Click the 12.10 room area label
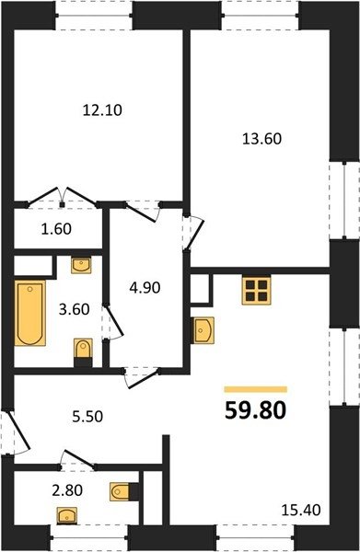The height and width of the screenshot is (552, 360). click(x=102, y=110)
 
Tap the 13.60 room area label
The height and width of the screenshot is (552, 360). click(x=262, y=139)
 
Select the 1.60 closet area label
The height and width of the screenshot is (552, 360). click(x=56, y=229)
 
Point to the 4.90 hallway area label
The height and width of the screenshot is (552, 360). click(x=145, y=288)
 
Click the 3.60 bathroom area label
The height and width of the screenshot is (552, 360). click(x=74, y=309)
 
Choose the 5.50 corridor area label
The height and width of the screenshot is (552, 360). click(x=87, y=417)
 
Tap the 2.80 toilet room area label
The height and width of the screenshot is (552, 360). click(x=67, y=490)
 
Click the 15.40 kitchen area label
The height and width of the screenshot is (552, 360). click(x=301, y=510)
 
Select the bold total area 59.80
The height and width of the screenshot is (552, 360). click(x=255, y=410)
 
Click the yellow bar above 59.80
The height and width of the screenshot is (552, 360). click(x=256, y=389)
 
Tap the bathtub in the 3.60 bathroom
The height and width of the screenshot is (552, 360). click(x=30, y=313)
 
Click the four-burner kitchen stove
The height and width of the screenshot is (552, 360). click(x=257, y=291)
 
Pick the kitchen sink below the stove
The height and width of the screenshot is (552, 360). click(x=203, y=330)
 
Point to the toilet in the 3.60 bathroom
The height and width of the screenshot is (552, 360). click(x=83, y=352)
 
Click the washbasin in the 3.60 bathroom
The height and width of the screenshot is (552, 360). click(x=81, y=265)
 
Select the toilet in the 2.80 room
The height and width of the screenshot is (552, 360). click(x=124, y=491)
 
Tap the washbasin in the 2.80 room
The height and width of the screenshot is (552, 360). click(x=67, y=516)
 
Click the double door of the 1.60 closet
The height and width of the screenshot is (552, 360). click(x=62, y=198)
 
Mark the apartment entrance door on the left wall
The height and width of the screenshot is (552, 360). click(x=15, y=433)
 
